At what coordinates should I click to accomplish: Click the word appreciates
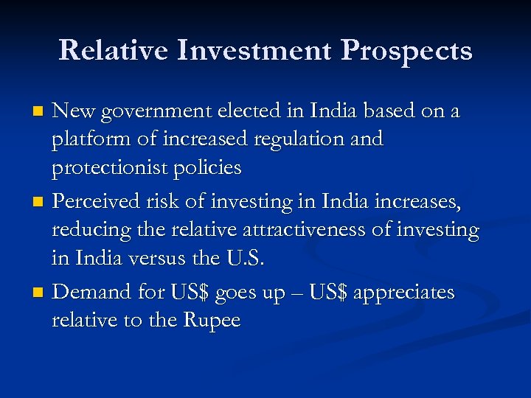(404, 293)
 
